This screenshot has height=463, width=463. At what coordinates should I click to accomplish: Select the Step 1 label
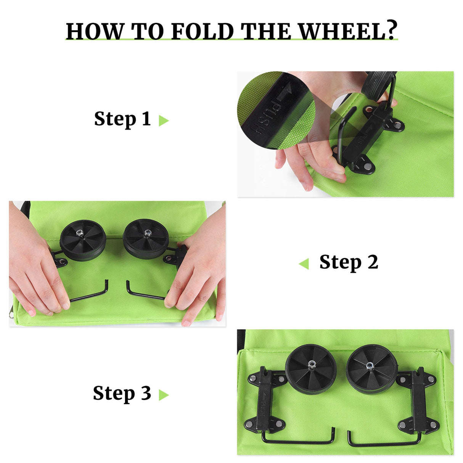pos(122,119)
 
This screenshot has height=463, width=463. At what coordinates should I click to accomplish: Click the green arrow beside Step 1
pos(163,121)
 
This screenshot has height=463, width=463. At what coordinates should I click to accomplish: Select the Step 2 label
pos(349,262)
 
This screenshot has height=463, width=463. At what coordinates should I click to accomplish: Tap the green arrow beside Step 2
pos(304,264)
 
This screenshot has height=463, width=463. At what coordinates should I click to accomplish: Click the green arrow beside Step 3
pos(163,395)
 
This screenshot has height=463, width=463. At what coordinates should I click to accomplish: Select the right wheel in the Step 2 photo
pos(146,238)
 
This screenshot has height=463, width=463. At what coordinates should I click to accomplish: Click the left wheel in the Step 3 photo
pos(311,369)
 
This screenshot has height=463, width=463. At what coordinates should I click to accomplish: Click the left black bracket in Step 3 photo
pos(267,399)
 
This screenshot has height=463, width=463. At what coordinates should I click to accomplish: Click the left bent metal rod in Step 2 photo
pos(90,293)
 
